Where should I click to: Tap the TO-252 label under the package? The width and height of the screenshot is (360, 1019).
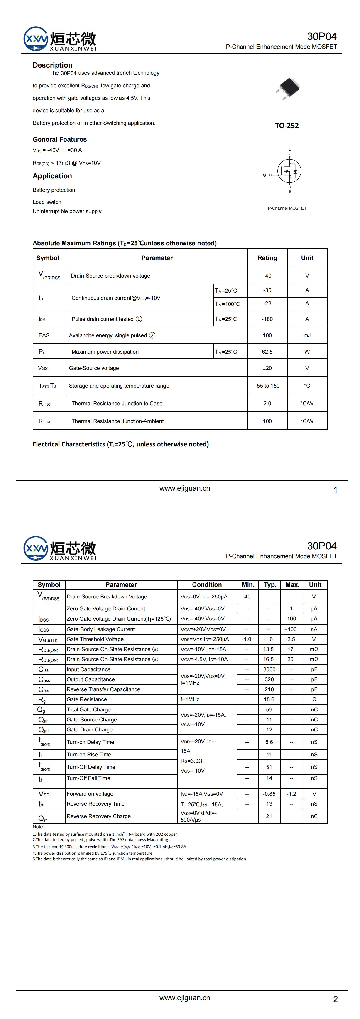tap(287, 126)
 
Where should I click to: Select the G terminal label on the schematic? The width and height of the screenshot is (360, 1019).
tap(264, 175)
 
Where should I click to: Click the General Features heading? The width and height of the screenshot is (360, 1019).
tap(59, 139)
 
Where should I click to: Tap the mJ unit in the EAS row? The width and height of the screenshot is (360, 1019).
tap(307, 335)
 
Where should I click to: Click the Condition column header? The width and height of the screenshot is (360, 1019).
tap(207, 585)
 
